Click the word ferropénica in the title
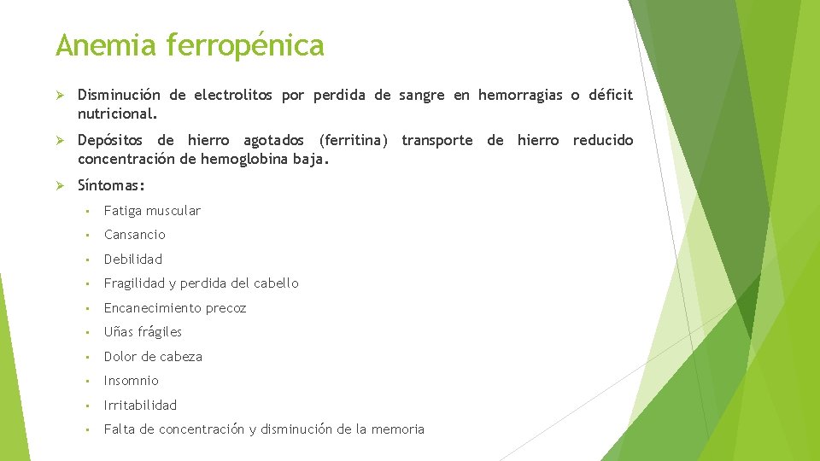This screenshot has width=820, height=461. [x=246, y=46]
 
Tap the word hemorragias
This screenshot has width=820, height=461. [x=520, y=96]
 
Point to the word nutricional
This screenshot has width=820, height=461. [x=118, y=114]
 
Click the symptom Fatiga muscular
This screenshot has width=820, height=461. [x=152, y=211]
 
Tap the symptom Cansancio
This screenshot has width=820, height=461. [x=135, y=235]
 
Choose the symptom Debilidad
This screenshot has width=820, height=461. [x=133, y=260]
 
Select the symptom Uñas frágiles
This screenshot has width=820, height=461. [x=143, y=332]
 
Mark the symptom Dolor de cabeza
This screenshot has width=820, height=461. [x=153, y=357]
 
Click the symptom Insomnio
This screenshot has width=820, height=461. [x=132, y=381]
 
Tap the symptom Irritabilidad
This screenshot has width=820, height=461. [x=141, y=406]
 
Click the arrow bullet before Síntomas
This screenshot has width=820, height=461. [x=61, y=184]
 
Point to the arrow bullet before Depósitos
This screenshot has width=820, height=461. [x=61, y=141]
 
